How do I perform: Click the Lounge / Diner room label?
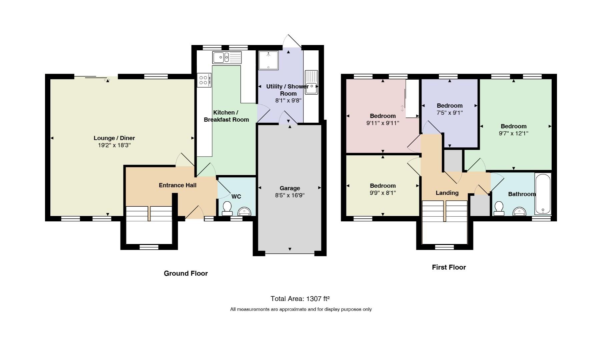point(114,138)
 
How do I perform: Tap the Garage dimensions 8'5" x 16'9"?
point(289,195)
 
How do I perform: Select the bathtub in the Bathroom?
point(543,194)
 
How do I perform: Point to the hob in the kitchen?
point(204,80)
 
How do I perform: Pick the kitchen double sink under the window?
point(227,58)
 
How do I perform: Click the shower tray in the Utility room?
point(268,60)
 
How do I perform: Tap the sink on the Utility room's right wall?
point(312,82)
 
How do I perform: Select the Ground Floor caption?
point(186,273)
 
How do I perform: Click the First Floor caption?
point(449,267)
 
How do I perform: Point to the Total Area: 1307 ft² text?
point(300,298)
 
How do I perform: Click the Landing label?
point(447,193)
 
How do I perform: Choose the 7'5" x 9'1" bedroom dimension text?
point(450,113)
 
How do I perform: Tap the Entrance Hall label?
point(177,185)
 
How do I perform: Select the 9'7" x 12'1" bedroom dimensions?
point(514,133)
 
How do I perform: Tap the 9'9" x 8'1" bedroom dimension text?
point(383,193)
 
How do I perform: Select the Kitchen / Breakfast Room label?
point(226,116)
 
